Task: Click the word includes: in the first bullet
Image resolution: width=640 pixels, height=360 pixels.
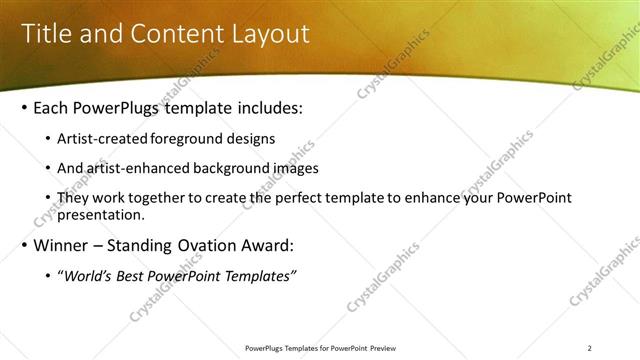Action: point(264,107)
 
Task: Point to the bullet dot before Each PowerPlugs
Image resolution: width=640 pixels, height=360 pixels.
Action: point(24,108)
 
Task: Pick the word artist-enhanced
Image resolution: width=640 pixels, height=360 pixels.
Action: point(135,168)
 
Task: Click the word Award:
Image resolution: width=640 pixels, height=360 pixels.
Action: point(264,245)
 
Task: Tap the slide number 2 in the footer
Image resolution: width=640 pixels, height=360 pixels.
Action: point(590,348)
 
